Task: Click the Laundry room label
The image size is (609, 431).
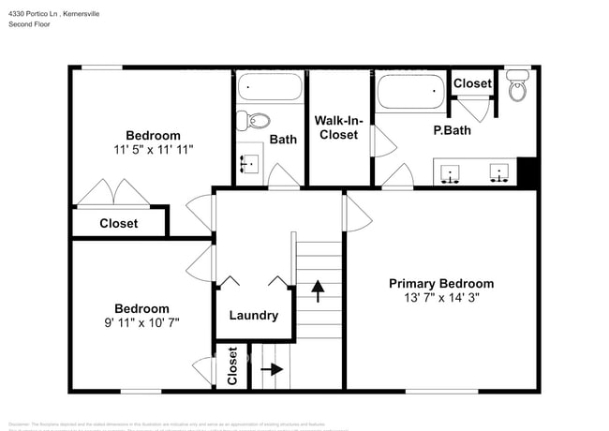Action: click(x=253, y=316)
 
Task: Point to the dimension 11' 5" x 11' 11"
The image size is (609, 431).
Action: click(x=153, y=150)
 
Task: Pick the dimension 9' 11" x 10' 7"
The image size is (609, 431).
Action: click(x=141, y=322)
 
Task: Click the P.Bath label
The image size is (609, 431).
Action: click(x=452, y=130)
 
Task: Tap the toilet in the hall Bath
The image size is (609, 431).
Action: click(x=254, y=120)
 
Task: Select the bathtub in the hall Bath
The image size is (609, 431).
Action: click(x=270, y=89)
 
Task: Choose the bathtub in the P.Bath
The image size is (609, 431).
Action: click(x=409, y=92)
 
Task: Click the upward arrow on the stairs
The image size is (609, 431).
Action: click(x=317, y=290)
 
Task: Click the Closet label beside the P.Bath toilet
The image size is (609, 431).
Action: click(x=472, y=83)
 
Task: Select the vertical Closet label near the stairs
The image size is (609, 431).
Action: click(x=232, y=367)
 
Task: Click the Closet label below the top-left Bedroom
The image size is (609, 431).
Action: click(x=119, y=223)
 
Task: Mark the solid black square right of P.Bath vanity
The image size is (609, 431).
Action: click(x=527, y=172)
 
